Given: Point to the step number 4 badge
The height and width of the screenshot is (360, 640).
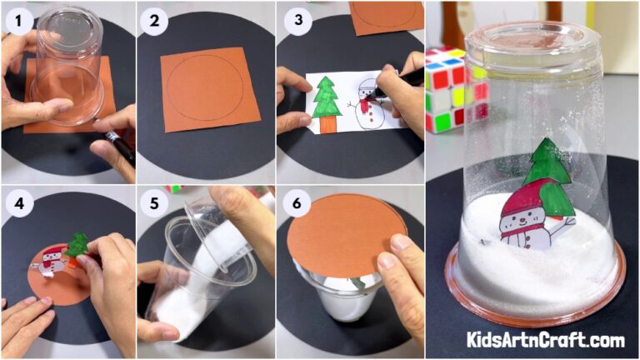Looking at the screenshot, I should [x=16, y=202].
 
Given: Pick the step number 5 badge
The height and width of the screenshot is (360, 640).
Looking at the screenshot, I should [x=153, y=202].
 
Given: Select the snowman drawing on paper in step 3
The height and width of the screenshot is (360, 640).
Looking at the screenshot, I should [x=367, y=104].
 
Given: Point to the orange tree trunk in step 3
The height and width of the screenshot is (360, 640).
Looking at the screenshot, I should [x=327, y=124].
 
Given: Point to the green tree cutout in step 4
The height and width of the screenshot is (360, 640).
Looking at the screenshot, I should [x=77, y=244].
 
